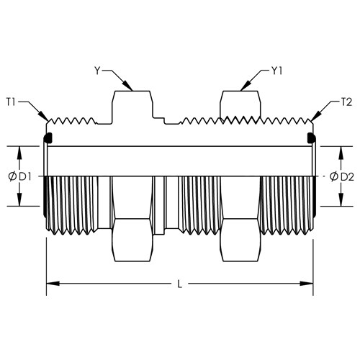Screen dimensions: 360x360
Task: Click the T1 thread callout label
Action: coord(11,102)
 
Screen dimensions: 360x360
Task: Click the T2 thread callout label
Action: coord(346,102)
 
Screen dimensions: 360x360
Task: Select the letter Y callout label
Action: coord(97,71)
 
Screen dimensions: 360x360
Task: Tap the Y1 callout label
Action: coord(276,71)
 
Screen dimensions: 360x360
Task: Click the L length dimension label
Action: coord(179,284)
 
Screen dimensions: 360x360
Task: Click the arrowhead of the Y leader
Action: coord(128,86)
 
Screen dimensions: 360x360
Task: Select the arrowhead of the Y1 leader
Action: coord(246,86)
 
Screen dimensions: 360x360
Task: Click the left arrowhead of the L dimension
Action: coord(53,284)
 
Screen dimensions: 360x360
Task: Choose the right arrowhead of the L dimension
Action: coord(307,284)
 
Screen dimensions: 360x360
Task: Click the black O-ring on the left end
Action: coord(48,138)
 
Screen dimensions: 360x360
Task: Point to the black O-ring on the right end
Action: coord(312,138)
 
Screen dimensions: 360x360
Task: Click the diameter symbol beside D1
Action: coord(12,177)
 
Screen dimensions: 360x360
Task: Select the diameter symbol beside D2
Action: coord(334,177)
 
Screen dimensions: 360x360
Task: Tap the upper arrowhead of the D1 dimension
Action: coord(19,153)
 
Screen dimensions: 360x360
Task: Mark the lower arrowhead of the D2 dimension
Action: coord(340,199)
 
